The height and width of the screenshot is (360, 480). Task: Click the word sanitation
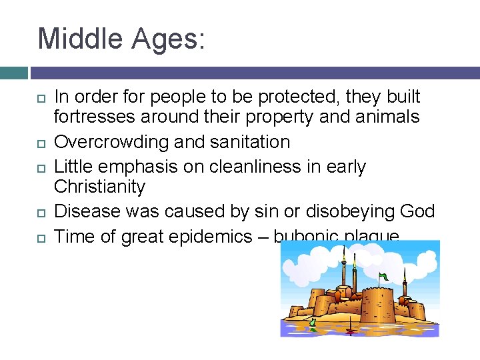pyautogui.click(x=249, y=142)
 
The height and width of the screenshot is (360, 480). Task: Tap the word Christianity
pyautogui.click(x=99, y=187)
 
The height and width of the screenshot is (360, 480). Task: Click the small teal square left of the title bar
pyautogui.click(x=14, y=73)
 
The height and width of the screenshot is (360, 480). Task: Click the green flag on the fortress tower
pyautogui.click(x=383, y=276)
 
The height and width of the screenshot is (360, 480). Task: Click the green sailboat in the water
pyautogui.click(x=312, y=325)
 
